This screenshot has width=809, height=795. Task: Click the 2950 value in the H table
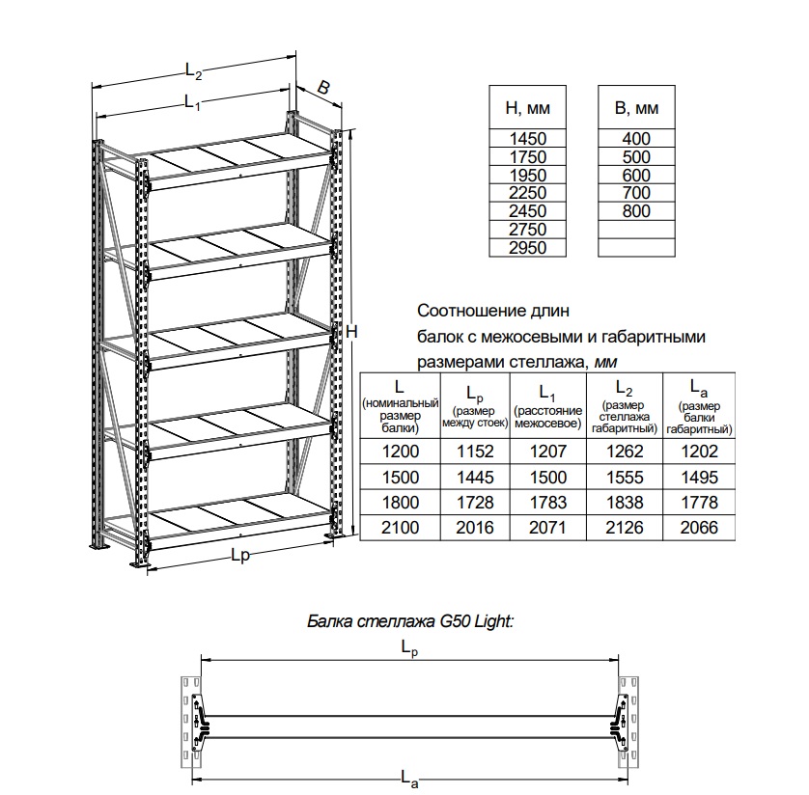pyautogui.click(x=527, y=247)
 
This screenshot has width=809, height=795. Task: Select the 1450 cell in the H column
pyautogui.click(x=527, y=138)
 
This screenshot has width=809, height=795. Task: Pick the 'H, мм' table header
pyautogui.click(x=527, y=107)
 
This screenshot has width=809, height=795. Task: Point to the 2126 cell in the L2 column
pyautogui.click(x=623, y=527)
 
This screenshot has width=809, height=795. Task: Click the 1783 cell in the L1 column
pyautogui.click(x=547, y=502)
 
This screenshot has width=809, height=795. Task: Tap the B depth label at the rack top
pyautogui.click(x=323, y=89)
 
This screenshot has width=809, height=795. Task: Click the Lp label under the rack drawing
pyautogui.click(x=240, y=556)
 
